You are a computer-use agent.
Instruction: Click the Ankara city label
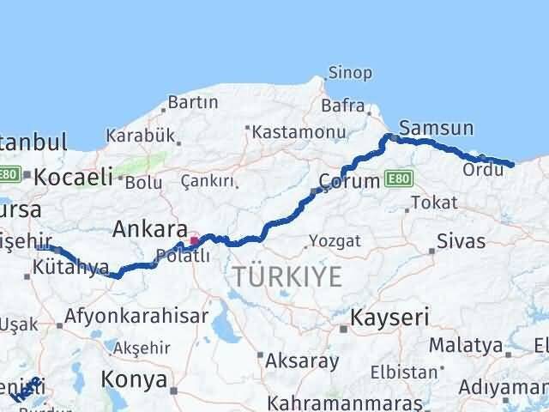click(151, 229)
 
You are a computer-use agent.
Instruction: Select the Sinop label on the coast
click(352, 74)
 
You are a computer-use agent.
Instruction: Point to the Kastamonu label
click(299, 132)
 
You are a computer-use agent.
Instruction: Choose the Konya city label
click(134, 379)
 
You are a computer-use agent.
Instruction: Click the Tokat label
click(434, 203)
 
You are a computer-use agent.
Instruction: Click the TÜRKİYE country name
click(287, 276)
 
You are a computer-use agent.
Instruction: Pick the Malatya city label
click(466, 346)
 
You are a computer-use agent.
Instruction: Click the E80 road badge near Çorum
click(400, 179)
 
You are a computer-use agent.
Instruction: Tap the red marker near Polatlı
click(194, 240)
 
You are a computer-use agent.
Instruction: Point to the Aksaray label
click(301, 360)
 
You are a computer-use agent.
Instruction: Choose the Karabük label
click(140, 136)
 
